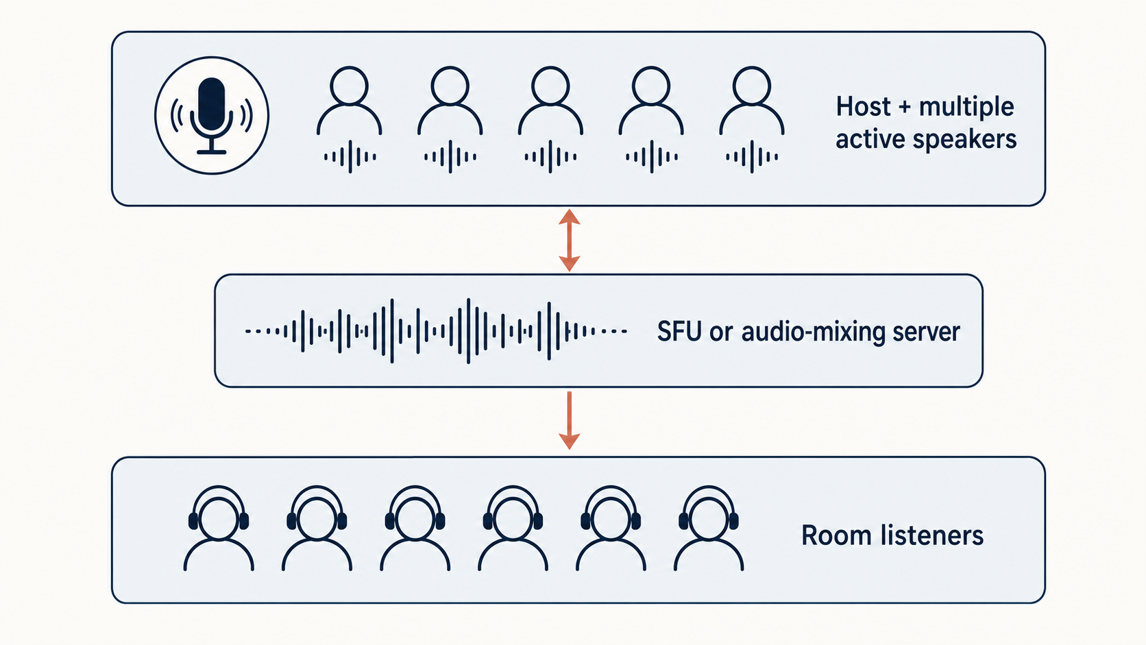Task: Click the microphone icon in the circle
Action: click(x=211, y=116)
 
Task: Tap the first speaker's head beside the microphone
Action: click(x=349, y=86)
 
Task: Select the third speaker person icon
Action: click(x=550, y=101)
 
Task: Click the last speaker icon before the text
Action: click(x=752, y=101)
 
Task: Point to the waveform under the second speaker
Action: click(x=450, y=156)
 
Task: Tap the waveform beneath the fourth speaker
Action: click(x=651, y=156)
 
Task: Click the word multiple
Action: click(x=966, y=108)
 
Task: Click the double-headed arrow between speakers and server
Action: click(x=570, y=240)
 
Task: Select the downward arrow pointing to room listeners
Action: click(x=570, y=420)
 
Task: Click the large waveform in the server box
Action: click(x=436, y=331)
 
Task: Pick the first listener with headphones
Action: click(x=219, y=528)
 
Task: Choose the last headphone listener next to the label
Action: click(x=709, y=528)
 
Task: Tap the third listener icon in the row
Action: click(x=415, y=528)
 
